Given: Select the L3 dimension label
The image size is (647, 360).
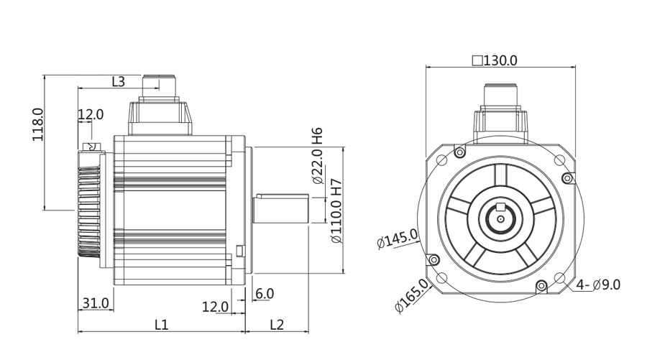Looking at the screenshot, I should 119,81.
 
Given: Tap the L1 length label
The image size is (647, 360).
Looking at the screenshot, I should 161,325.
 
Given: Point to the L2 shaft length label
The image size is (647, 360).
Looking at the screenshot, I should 277,325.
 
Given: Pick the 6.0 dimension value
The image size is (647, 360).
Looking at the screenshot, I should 265,293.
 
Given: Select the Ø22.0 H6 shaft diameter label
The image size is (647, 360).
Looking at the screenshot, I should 318,156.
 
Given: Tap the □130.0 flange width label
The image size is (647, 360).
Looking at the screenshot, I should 495,60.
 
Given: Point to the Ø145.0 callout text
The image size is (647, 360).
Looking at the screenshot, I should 398,239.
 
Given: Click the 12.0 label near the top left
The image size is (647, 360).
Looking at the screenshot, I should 91,114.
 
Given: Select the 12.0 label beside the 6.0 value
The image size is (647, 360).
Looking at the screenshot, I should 215,307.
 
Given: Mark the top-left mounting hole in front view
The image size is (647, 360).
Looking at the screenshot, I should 441,159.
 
